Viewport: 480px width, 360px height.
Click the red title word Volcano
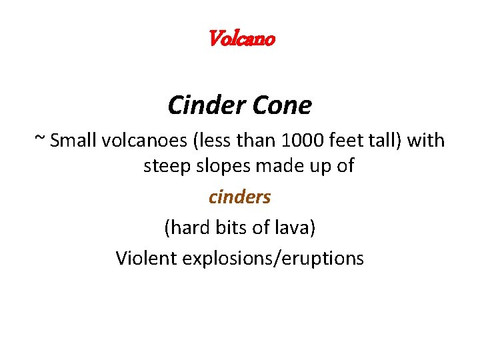click(241, 39)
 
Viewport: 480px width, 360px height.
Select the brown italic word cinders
click(239, 197)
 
